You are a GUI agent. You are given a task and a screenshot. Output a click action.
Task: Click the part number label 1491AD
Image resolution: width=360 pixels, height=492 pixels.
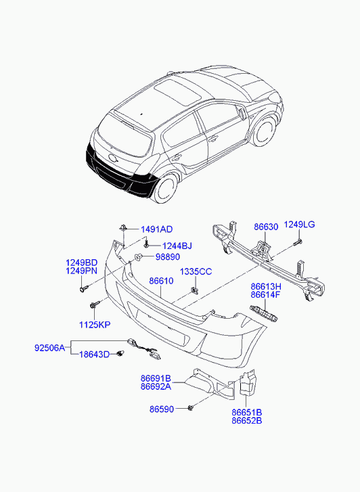pyautogui.click(x=156, y=229)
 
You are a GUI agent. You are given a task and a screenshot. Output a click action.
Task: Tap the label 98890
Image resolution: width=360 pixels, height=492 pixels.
pyautogui.click(x=168, y=257)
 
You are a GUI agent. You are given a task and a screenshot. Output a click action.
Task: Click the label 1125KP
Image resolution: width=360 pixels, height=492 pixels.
pyautogui.click(x=94, y=325)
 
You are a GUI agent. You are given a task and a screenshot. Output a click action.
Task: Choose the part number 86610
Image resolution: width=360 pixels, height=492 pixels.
pyautogui.click(x=162, y=281)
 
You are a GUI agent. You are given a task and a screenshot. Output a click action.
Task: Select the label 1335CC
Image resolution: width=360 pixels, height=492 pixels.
pyautogui.click(x=196, y=271)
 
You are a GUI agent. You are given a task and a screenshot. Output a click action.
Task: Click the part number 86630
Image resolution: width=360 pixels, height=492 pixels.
pyautogui.click(x=267, y=227)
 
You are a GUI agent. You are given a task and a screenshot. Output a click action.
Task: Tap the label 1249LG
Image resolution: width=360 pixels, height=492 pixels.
pyautogui.click(x=299, y=225)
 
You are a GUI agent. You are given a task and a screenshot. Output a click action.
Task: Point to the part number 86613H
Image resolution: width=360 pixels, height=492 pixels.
pyautogui.click(x=266, y=286)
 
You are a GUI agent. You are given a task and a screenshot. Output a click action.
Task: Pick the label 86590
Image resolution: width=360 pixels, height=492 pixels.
pyautogui.click(x=162, y=409)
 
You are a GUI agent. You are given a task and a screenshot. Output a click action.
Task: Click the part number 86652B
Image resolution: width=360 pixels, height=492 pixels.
pyautogui.click(x=246, y=420)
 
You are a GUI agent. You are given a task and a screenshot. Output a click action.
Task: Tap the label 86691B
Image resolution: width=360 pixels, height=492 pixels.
pyautogui.click(x=156, y=378)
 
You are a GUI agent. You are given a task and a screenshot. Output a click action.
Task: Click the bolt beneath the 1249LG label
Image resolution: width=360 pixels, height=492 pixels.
pyautogui.click(x=297, y=242)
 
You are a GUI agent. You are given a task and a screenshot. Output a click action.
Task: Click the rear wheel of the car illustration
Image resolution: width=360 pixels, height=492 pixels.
pyautogui.click(x=164, y=188)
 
